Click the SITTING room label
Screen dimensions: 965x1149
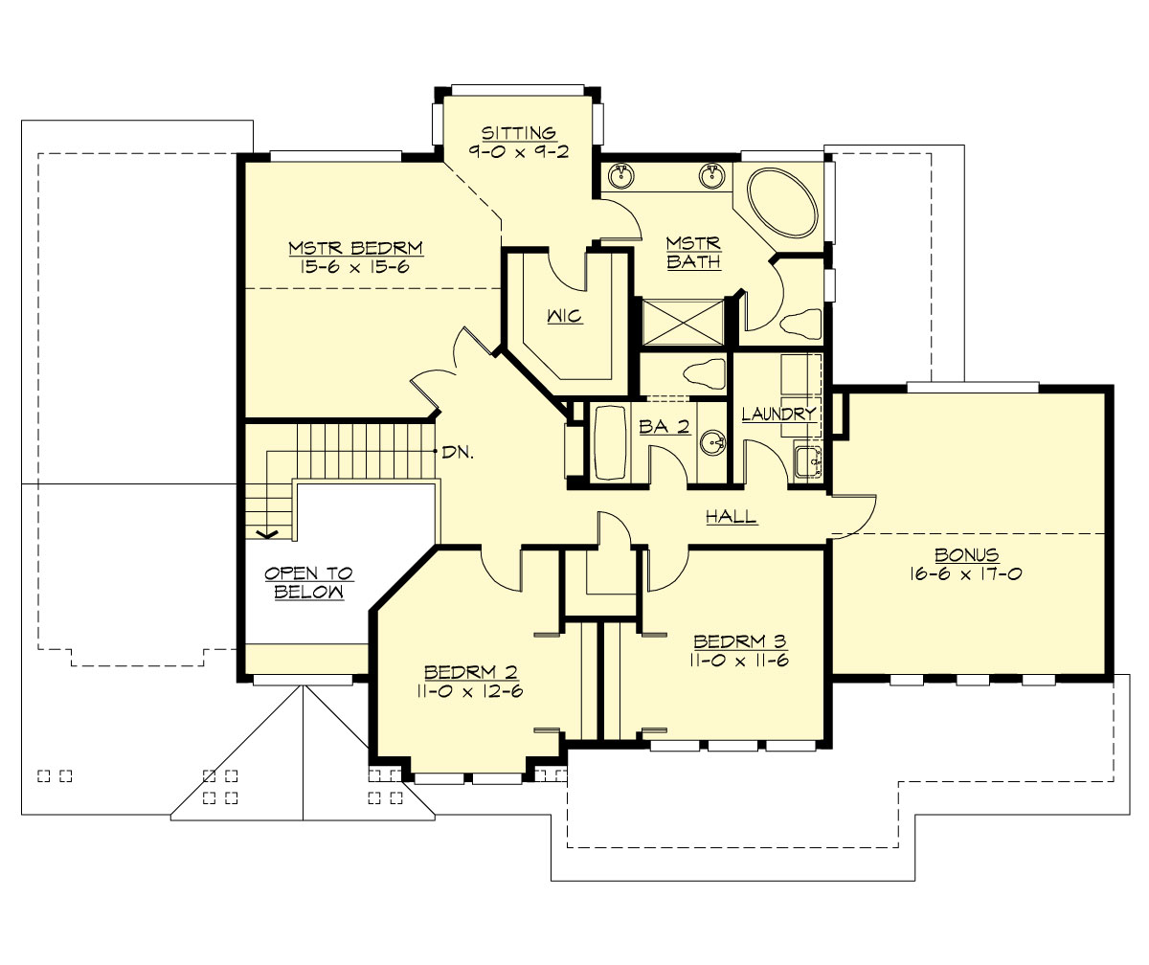point(518,132)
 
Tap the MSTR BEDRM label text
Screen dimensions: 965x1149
point(355,249)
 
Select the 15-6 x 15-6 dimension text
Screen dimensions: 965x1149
point(355,267)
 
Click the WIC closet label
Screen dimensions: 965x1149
point(565,315)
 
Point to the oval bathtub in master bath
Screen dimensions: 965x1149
point(781,204)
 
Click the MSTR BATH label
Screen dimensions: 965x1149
point(694,253)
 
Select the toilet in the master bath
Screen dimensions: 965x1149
point(800,323)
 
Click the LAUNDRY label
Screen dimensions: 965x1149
point(778,414)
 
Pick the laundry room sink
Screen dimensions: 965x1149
point(806,461)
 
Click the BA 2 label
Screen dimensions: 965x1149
point(665,427)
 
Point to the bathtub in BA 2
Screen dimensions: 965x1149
point(609,442)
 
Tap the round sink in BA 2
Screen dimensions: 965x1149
point(710,442)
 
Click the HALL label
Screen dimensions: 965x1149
point(732,517)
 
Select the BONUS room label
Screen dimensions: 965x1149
point(967,554)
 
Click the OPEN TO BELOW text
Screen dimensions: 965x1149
point(308,582)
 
